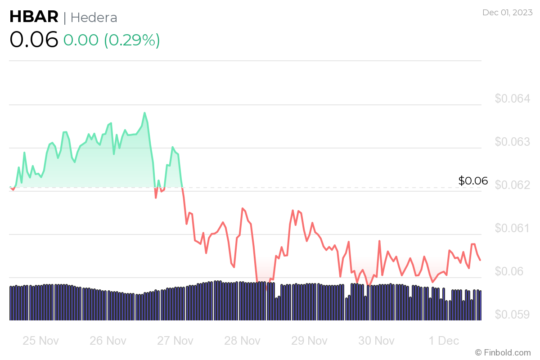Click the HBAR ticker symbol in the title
[34, 17]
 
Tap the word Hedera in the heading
[94, 18]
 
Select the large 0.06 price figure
[34, 40]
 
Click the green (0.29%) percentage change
[132, 40]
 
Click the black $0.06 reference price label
[473, 181]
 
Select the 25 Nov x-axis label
[40, 341]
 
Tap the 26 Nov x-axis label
[108, 341]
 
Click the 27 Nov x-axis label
[175, 341]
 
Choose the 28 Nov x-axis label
[243, 341]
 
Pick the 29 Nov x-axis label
[310, 341]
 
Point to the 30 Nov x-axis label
[377, 341]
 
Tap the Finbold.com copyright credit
[503, 352]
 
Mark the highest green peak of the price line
[144, 112]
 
